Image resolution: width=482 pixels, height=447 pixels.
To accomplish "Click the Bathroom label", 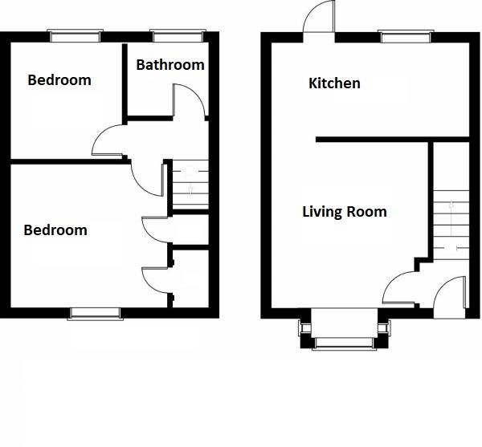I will [x=170, y=65].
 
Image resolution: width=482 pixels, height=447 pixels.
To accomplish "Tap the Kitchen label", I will [x=334, y=83].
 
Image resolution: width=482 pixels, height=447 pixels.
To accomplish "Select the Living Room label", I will [x=344, y=212].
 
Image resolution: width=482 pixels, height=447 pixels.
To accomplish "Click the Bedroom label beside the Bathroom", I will [x=59, y=80].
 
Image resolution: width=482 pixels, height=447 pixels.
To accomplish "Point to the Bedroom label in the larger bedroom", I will [x=55, y=230].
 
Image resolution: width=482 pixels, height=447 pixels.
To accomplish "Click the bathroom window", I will [x=176, y=36].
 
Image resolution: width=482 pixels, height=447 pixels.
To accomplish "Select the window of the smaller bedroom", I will [x=75, y=36].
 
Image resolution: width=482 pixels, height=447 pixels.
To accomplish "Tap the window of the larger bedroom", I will [x=95, y=313].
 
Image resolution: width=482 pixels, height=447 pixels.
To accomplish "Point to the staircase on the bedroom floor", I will [x=190, y=187].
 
